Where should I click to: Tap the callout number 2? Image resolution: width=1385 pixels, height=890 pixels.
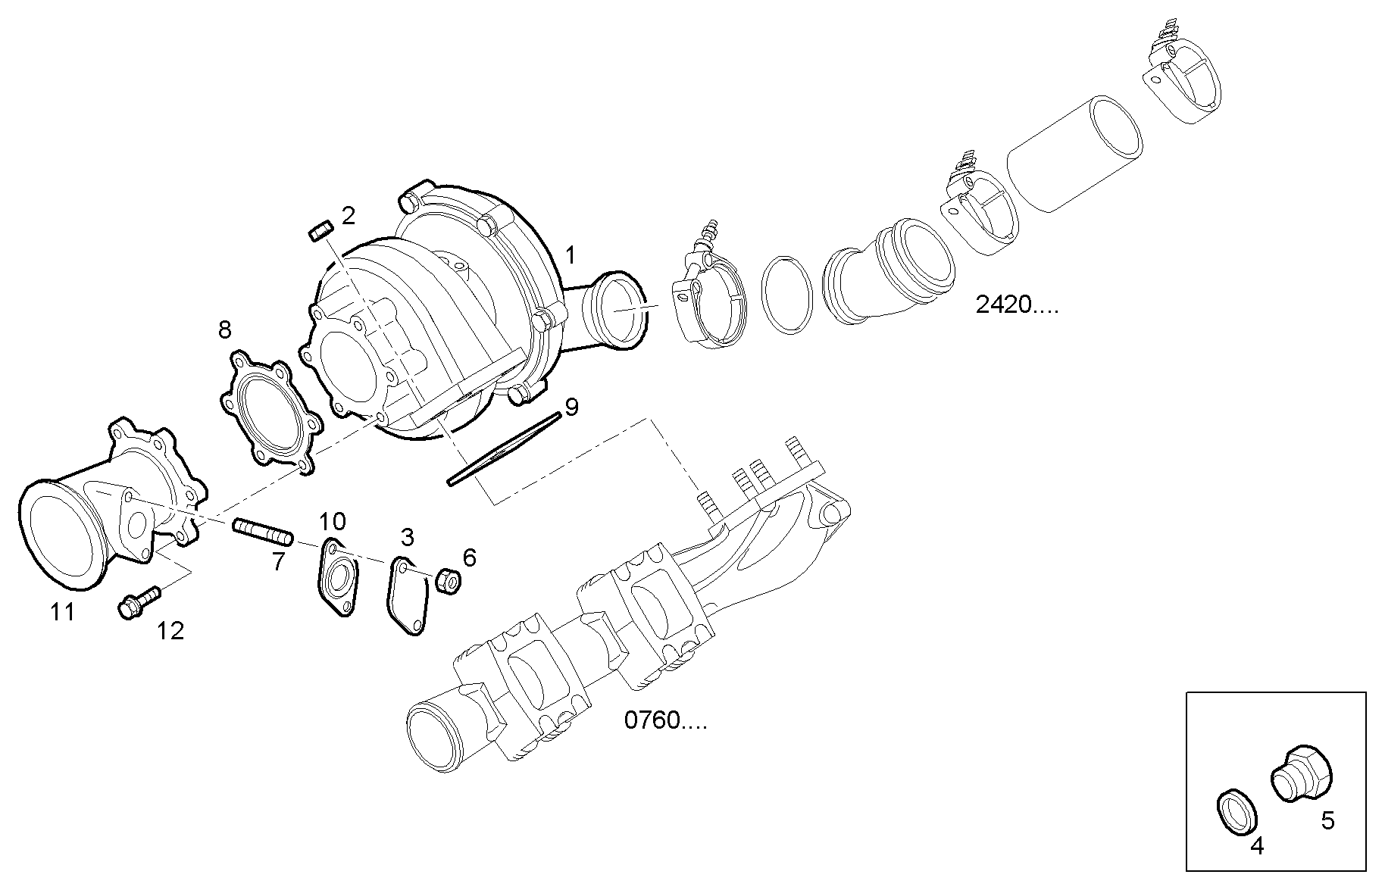348,216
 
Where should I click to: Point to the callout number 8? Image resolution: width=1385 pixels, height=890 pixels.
225,329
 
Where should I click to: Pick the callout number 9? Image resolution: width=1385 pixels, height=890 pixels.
572,407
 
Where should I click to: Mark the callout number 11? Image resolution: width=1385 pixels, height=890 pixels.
62,612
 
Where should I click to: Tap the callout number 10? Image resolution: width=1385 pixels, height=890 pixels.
332,521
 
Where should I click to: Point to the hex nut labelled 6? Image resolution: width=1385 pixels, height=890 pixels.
448,582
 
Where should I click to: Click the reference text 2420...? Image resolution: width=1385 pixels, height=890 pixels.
1015,305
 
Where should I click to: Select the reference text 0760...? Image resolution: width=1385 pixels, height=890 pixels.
665,720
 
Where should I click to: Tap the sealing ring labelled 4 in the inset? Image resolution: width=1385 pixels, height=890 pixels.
1237,813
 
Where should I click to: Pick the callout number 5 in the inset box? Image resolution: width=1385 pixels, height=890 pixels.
1327,820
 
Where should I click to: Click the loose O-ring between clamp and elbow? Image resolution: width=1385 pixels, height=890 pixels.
787,294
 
